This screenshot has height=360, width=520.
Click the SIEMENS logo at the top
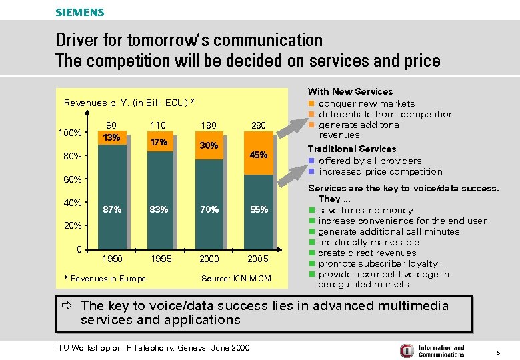coord(79,12)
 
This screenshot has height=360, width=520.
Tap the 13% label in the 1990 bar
coord(112,137)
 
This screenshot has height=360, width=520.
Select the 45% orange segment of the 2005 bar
coord(258,155)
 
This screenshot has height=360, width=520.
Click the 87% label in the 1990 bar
coord(112,209)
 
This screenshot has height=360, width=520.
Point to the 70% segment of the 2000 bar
coord(209,209)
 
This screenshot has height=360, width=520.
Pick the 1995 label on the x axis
coord(161,258)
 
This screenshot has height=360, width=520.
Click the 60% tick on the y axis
coord(73,179)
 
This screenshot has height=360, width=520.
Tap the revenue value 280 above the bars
coord(258,125)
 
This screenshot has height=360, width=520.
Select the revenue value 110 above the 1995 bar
coord(158,125)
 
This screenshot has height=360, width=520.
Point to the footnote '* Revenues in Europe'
coord(105,278)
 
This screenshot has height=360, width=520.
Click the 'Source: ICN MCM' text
coord(236,278)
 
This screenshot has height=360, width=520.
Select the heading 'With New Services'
coord(350,91)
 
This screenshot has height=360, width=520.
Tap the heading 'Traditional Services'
coord(351,149)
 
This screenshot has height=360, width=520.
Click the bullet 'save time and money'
coord(365,210)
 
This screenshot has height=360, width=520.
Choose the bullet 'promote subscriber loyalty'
coord(378,263)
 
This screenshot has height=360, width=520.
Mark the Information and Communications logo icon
coord(406,351)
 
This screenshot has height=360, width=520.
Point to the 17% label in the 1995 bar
coord(159,142)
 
